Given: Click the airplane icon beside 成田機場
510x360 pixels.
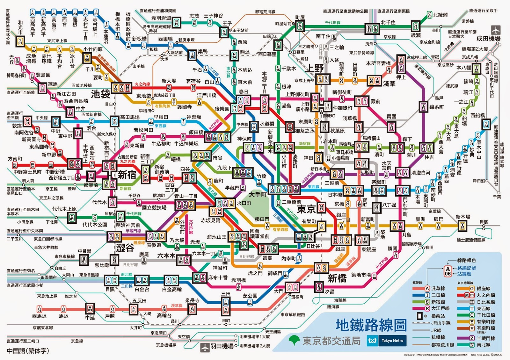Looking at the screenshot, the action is click(x=496, y=30).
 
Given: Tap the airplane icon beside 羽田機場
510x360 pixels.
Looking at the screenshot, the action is click(x=205, y=347).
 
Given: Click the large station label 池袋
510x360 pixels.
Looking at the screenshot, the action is click(x=100, y=94).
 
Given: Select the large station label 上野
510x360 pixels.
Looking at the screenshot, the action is click(x=315, y=68).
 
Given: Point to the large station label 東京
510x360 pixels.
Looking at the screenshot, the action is click(x=306, y=209).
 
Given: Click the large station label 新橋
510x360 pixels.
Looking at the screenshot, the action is click(x=337, y=278).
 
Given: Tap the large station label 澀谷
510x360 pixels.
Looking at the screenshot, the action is click(x=125, y=248).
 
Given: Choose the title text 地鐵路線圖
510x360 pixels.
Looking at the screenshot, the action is click(x=371, y=325).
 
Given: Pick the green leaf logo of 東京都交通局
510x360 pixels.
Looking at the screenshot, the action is click(x=294, y=340).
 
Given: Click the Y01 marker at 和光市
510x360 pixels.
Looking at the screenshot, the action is click(x=20, y=41).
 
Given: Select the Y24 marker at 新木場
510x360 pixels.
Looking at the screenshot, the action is click(x=462, y=226).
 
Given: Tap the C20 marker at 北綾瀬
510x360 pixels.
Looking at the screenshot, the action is click(x=429, y=15).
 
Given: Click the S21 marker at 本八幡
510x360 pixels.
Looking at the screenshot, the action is click(x=476, y=68).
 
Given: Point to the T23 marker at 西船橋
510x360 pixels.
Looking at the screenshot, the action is click(x=486, y=124).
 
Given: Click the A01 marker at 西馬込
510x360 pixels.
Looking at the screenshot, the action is click(x=39, y=309).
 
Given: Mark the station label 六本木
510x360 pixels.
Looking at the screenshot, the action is click(x=166, y=256).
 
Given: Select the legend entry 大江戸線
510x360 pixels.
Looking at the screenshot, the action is click(x=440, y=308).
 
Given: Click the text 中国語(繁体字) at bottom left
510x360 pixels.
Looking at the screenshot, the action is click(x=28, y=351).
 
